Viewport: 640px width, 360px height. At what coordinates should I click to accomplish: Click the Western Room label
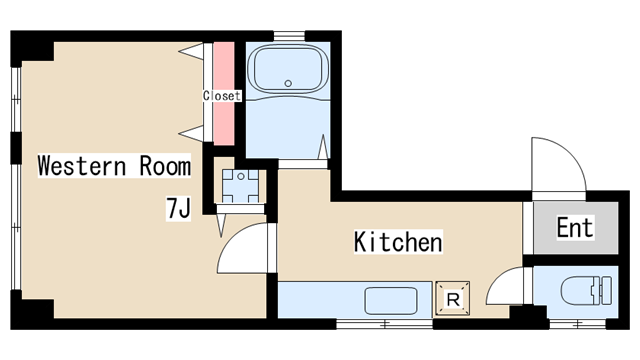point(114,165)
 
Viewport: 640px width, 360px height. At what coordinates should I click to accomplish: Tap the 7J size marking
point(178,208)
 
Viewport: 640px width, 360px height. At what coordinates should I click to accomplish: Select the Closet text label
point(222,96)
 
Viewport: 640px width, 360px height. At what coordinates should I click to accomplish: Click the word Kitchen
point(398,242)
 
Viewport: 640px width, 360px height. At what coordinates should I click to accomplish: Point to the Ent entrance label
point(575,227)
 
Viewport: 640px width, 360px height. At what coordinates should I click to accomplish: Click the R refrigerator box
point(453,298)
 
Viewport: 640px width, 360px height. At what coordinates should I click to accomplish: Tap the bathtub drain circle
point(288,83)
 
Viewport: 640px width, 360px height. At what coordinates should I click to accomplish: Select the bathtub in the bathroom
point(288,70)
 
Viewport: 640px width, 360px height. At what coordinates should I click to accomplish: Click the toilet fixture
point(587,291)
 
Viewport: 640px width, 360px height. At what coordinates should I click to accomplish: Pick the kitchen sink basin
point(391,301)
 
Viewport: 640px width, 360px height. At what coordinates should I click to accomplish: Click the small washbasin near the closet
point(240,186)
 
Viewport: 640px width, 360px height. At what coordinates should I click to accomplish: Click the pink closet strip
point(224,93)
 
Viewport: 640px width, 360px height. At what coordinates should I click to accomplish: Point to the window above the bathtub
point(289,36)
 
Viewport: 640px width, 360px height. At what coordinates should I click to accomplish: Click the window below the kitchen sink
point(384,324)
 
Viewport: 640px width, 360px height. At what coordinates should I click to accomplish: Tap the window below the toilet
point(578,324)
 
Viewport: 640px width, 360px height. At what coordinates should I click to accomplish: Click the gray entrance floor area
point(576,228)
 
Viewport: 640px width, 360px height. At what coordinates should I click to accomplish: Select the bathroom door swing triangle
point(323,147)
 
